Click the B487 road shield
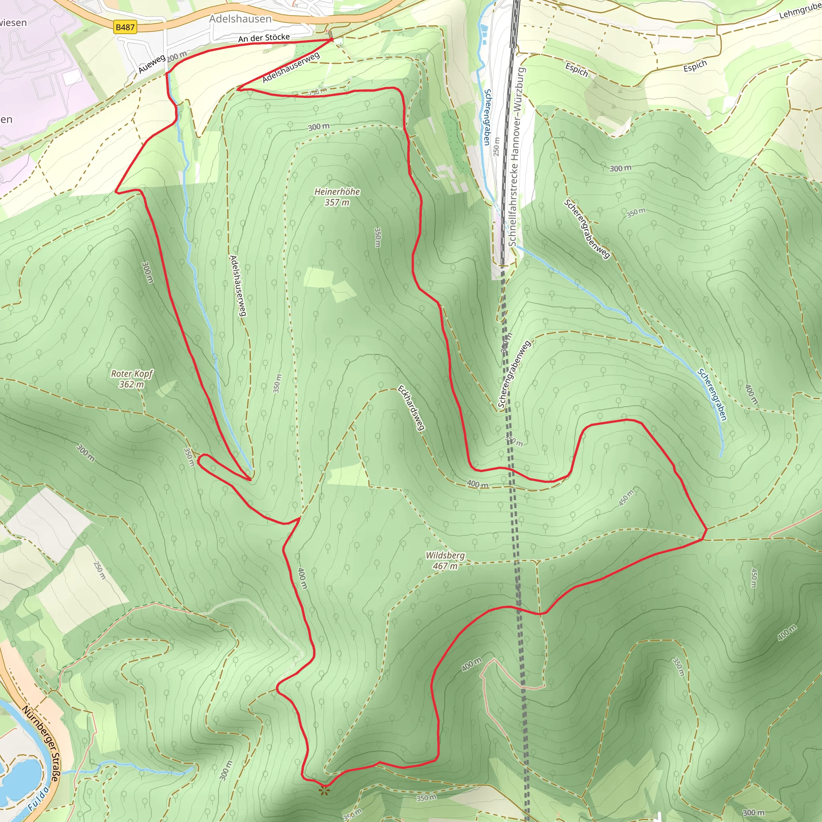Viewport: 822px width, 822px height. tap(125, 27)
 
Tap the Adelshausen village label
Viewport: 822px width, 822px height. tap(240, 19)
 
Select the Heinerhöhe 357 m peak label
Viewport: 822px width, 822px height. tap(337, 197)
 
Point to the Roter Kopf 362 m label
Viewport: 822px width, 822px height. tap(132, 378)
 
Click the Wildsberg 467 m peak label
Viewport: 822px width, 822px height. tap(445, 560)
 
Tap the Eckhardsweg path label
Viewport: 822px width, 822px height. tap(411, 408)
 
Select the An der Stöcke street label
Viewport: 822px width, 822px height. tap(264, 38)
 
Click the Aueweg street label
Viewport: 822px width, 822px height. tap(151, 64)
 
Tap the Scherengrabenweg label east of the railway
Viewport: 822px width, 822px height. tap(587, 228)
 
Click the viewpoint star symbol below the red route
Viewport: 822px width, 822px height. tap(325, 791)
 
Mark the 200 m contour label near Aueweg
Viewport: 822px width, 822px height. tap(177, 56)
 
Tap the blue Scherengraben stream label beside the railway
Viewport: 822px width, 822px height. tap(487, 117)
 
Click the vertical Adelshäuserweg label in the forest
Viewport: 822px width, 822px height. tap(238, 285)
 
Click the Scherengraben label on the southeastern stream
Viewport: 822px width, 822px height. tap(712, 395)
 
